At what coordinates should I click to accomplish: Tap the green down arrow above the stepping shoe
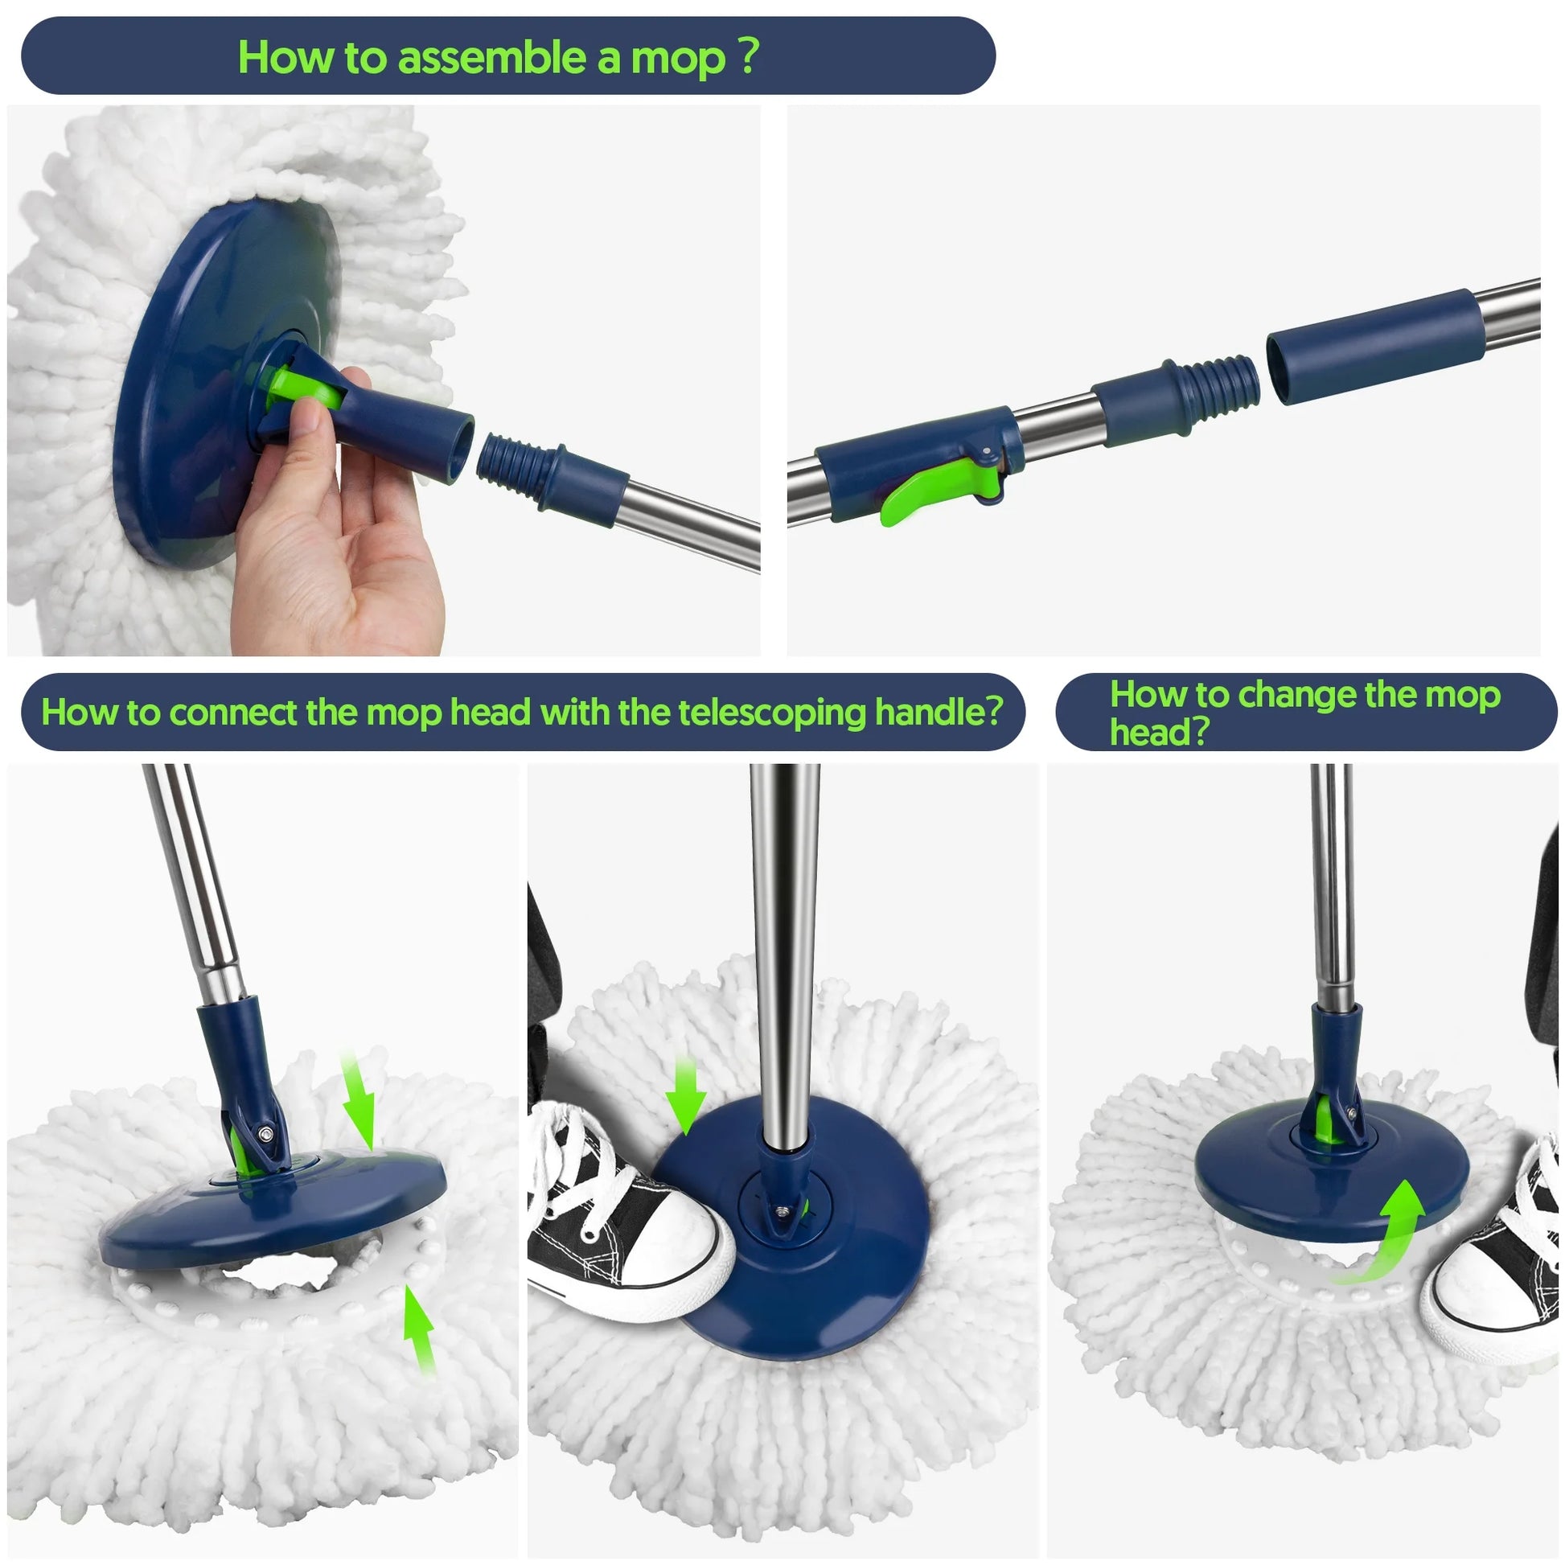pyautogui.click(x=685, y=1098)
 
